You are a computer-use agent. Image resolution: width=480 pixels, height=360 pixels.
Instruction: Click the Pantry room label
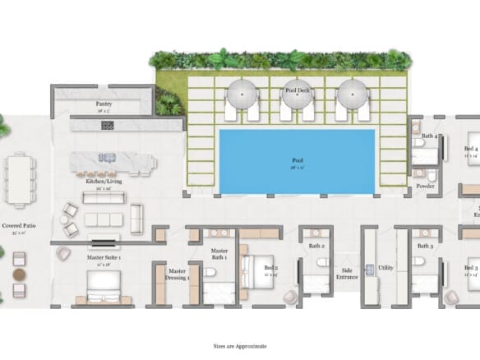(104, 104)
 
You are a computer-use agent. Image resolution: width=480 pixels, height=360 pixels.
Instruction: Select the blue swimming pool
(298, 162)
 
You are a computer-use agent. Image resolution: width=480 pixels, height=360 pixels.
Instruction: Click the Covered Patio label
(18, 224)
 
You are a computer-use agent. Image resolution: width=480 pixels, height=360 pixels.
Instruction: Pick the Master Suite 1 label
(104, 257)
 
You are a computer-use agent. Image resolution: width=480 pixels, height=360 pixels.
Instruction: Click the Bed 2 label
(271, 268)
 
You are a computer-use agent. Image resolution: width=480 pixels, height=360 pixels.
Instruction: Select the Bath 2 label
(317, 246)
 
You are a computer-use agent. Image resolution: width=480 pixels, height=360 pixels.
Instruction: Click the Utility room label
(386, 268)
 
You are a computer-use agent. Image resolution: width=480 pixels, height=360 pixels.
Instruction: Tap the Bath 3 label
(425, 246)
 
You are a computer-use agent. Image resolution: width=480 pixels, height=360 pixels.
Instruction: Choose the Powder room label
(425, 186)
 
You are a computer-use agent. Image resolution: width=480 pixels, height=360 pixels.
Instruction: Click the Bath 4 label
(430, 136)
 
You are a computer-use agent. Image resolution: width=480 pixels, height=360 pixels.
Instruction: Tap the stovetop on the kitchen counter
(107, 125)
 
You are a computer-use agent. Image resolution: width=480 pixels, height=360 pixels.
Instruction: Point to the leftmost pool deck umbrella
(243, 95)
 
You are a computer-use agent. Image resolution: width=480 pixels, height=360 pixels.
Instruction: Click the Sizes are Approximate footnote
(240, 348)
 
